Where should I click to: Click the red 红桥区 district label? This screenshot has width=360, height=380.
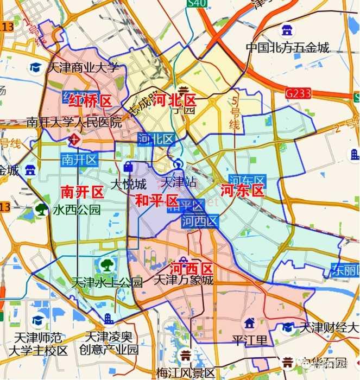pos(90,100)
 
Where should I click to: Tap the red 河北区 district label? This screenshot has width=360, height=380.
pos(175,100)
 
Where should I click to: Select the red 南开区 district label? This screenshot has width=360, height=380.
pos(81,192)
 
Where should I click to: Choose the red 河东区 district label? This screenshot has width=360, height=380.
pos(242,191)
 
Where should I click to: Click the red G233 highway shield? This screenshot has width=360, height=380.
pos(298,93)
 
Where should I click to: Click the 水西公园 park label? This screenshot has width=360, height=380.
pos(77,210)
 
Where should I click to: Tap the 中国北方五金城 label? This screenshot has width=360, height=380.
pos(288,48)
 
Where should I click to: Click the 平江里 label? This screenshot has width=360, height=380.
pos(250,340)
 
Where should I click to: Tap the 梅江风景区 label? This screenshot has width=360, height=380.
pos(186,373)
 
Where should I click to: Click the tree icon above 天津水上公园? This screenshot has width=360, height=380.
pos(106,265)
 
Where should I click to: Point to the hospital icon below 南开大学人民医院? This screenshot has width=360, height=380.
pos(74,140)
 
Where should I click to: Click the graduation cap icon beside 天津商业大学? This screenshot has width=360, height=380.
pos(36,68)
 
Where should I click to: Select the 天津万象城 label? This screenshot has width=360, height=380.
pos(184,280)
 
